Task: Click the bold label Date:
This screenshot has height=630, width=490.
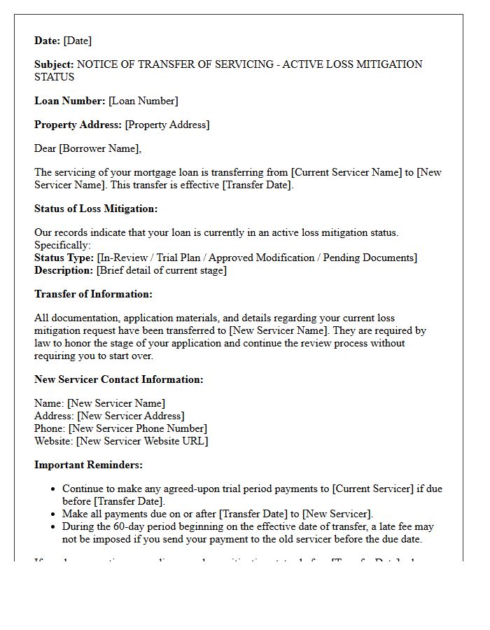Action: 48,41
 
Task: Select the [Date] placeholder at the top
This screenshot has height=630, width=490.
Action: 78,41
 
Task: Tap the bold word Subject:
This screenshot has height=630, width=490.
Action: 55,64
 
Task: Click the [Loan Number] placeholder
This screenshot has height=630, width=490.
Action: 143,101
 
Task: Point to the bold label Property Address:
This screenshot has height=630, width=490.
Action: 78,125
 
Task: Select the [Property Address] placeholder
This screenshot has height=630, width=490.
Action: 167,125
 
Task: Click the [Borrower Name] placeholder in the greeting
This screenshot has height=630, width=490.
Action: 101,148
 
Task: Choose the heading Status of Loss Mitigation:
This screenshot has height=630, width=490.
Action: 96,209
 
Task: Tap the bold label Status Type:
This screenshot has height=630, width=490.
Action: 64,258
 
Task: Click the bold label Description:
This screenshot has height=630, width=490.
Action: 64,270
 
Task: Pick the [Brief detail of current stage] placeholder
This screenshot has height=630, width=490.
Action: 162,270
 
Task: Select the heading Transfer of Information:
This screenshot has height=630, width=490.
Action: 93,294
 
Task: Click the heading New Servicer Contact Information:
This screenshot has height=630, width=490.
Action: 119,379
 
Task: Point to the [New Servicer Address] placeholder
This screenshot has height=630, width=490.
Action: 131,416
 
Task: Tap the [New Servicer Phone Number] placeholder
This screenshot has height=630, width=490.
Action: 138,428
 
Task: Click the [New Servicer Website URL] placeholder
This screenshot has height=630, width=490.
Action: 142,441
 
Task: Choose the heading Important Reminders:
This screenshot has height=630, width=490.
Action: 88,465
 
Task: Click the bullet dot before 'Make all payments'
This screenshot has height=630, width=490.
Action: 54,514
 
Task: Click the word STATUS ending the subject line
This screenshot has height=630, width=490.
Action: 55,77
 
